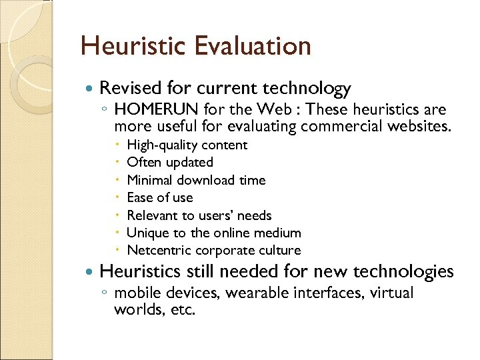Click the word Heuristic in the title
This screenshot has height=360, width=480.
[133, 46]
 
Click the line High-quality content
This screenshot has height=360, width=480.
[187, 145]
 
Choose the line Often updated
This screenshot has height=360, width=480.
[170, 163]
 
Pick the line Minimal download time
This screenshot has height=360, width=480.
[196, 180]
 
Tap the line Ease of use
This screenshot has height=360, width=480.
[160, 198]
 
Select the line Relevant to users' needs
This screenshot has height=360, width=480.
[199, 215]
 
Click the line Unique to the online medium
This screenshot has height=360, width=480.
[214, 233]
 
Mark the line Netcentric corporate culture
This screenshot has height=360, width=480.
[214, 251]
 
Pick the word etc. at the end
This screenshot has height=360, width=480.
[182, 310]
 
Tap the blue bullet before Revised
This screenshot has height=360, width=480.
[89, 89]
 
